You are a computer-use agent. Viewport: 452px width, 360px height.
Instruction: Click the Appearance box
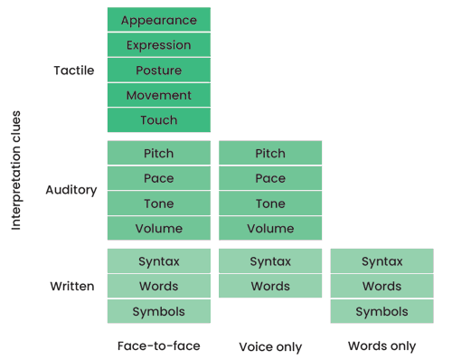pos(158,20)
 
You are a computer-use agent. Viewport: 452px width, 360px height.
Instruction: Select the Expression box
pos(158,45)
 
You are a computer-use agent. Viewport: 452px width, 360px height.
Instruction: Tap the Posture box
pos(158,71)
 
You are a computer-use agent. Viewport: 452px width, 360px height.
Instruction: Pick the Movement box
pos(158,95)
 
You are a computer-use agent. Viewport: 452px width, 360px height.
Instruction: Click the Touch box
pos(158,120)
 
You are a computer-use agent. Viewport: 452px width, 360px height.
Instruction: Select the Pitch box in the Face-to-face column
pos(158,153)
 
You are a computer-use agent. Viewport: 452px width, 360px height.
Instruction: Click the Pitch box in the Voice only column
pos(270,153)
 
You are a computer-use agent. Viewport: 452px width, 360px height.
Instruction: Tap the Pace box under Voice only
pos(270,178)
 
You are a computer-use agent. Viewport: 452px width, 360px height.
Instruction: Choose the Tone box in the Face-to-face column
pos(158,204)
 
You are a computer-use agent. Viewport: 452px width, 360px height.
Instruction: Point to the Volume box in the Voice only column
pos(270,229)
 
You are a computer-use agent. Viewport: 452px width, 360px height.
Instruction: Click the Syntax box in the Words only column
pos(381,261)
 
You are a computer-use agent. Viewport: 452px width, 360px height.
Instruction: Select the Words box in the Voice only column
pos(270,286)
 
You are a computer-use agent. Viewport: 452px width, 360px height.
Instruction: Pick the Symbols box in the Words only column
pos(381,311)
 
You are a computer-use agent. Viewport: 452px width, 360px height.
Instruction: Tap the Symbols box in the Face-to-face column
pos(158,311)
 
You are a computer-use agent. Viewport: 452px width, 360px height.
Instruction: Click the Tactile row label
pos(74,71)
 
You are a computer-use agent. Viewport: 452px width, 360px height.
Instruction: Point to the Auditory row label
pos(71,191)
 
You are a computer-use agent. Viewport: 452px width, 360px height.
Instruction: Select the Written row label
pos(72,287)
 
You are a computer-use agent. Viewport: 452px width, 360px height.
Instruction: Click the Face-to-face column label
pos(158,346)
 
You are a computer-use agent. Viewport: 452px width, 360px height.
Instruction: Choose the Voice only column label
pos(270,346)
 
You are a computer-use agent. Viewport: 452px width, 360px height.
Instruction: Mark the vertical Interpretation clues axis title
pos(16,171)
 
